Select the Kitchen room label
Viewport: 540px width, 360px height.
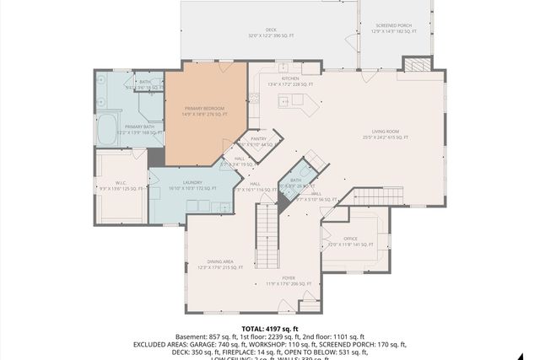pyautogui.click(x=278, y=78)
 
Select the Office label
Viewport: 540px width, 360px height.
pyautogui.click(x=350, y=241)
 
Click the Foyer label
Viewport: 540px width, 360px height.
pyautogui.click(x=289, y=277)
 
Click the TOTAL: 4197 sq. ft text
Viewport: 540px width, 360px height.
pyautogui.click(x=270, y=329)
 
